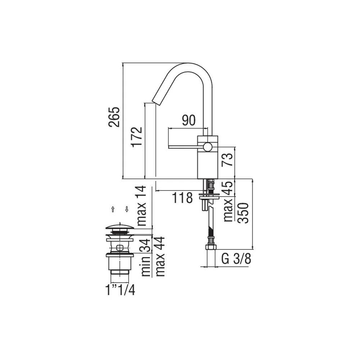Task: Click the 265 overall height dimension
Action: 114,117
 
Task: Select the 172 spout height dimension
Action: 136,137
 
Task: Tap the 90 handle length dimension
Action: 189,120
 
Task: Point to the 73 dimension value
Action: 227,159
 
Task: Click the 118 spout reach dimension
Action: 182,198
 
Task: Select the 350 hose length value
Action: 243,213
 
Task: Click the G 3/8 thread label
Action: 236,259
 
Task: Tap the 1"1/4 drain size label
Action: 120,290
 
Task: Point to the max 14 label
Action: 141,206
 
